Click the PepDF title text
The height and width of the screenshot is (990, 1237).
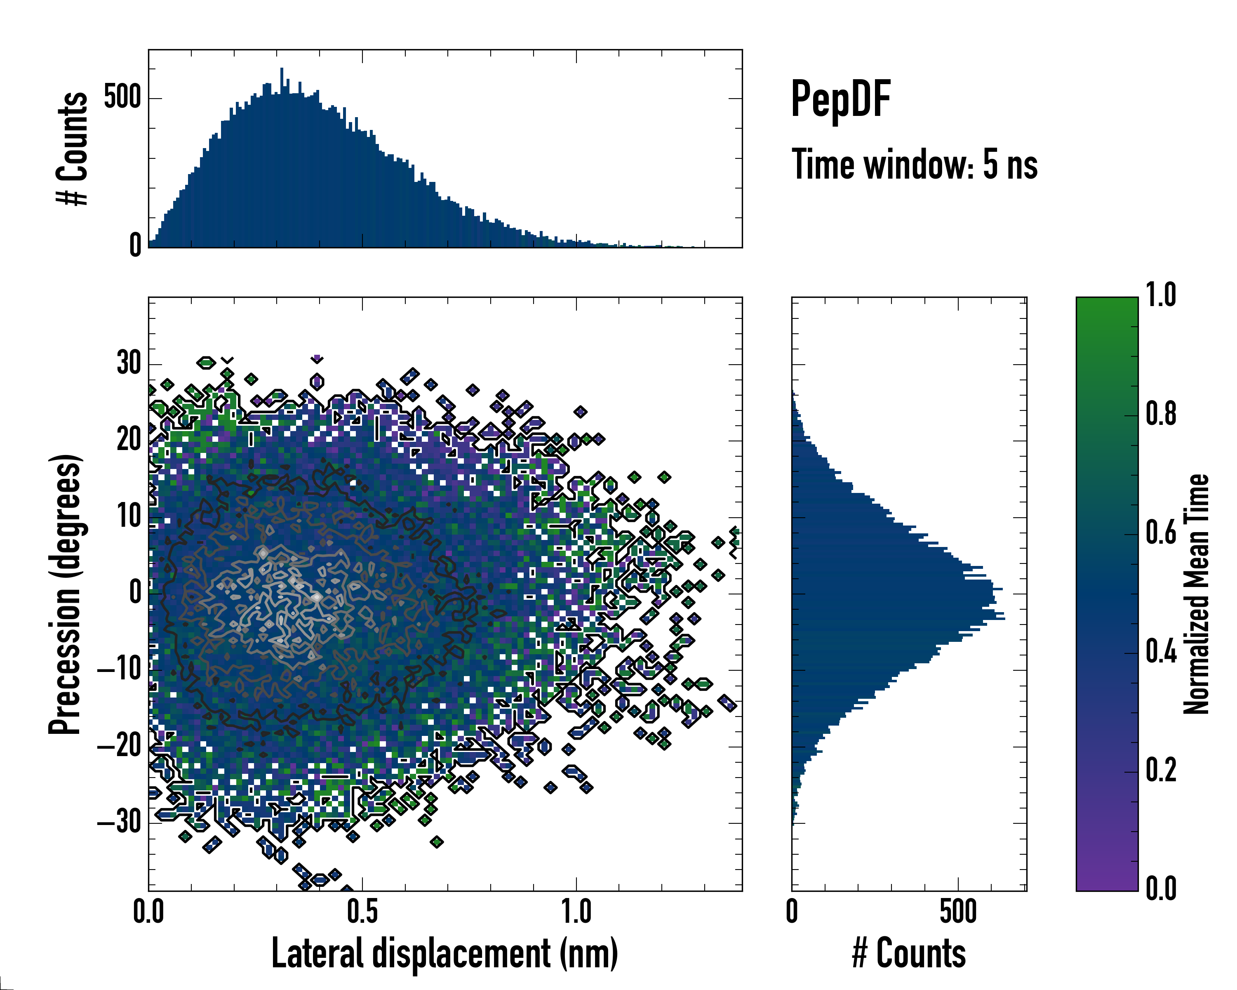(x=840, y=99)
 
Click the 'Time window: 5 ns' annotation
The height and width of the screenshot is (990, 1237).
(x=915, y=165)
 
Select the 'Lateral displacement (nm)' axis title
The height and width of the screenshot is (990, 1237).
(x=444, y=954)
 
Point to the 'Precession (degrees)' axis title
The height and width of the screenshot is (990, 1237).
(x=65, y=594)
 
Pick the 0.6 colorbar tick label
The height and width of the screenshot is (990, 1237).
(x=1161, y=533)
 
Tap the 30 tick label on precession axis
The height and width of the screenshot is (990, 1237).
(x=129, y=363)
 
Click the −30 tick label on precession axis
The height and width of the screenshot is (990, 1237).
(x=119, y=823)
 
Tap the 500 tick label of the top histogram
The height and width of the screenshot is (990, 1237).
(x=122, y=98)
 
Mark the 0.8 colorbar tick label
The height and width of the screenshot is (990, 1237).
(x=1161, y=414)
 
